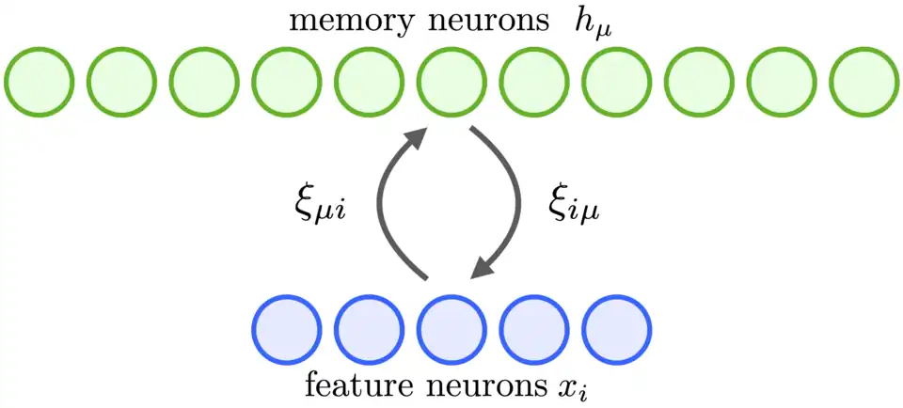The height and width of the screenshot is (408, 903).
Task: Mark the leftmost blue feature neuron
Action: pos(287,330)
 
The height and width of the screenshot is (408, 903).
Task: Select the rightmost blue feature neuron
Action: pos(616,330)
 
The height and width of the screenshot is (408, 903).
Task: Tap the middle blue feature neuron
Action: pos(451,330)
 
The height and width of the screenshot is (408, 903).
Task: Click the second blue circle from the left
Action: pos(369,330)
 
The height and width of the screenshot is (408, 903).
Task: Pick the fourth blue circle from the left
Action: pos(533,330)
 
